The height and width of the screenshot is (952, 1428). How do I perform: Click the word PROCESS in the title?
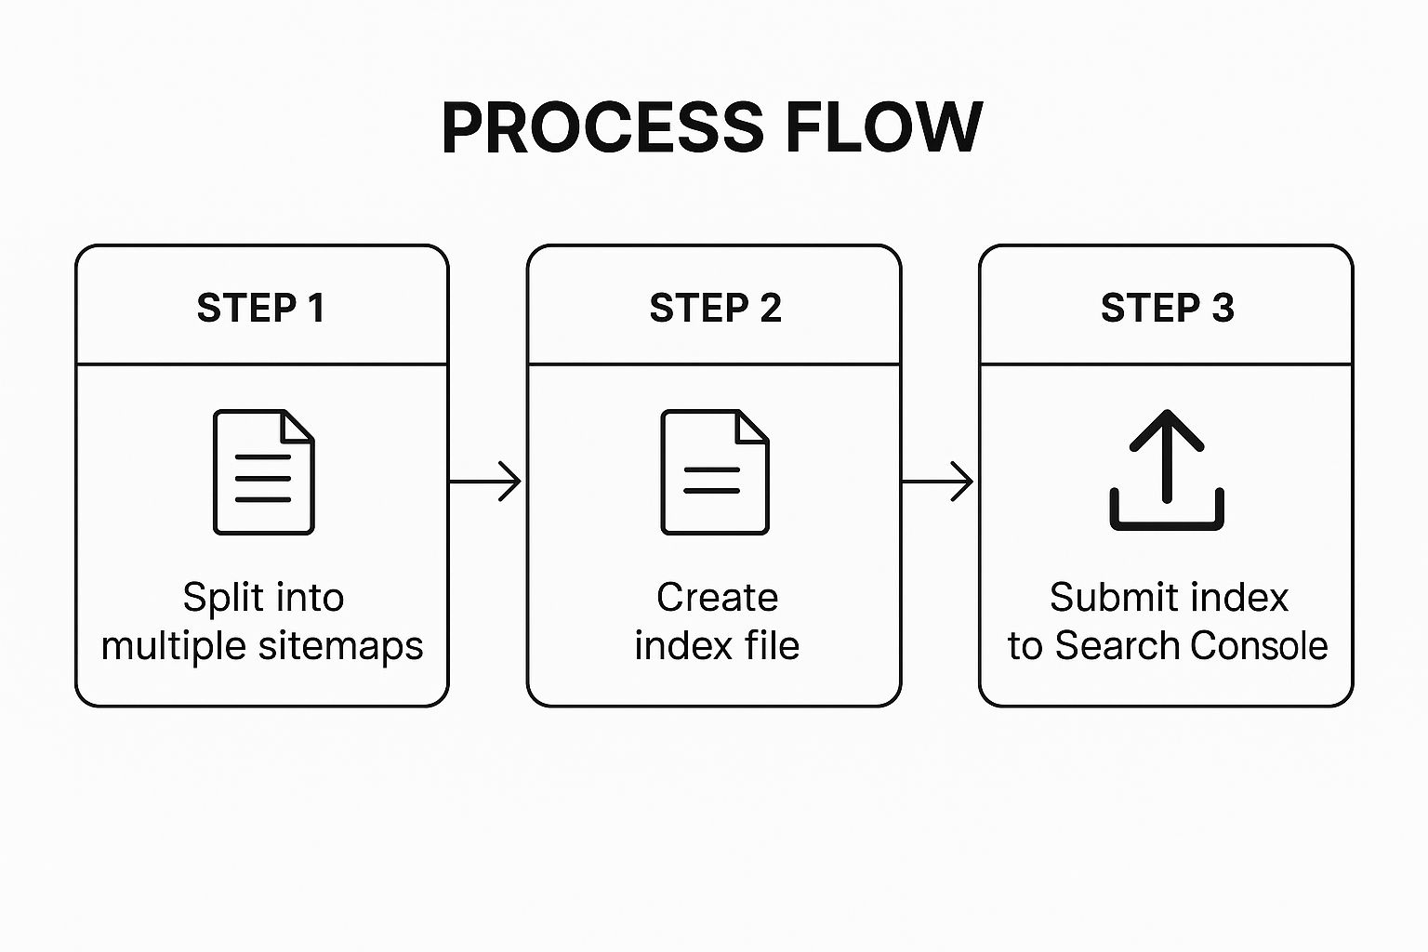click(x=602, y=127)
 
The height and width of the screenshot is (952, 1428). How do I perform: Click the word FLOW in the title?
click(x=884, y=127)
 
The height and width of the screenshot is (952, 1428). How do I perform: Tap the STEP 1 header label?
click(x=261, y=308)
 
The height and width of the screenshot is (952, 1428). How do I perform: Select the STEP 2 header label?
click(x=715, y=308)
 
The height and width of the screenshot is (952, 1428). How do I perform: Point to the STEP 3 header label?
click(x=1167, y=308)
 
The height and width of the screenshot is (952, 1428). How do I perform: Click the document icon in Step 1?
click(x=264, y=472)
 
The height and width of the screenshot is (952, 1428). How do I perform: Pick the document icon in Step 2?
click(x=714, y=472)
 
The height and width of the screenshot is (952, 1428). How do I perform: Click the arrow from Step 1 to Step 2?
click(x=486, y=482)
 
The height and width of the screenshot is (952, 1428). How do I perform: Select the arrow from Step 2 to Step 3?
click(x=938, y=482)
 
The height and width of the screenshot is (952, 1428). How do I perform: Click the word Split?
click(x=218, y=598)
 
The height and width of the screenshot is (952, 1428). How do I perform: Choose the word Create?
click(x=717, y=598)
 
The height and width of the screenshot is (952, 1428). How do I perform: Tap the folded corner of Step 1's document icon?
click(x=298, y=426)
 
